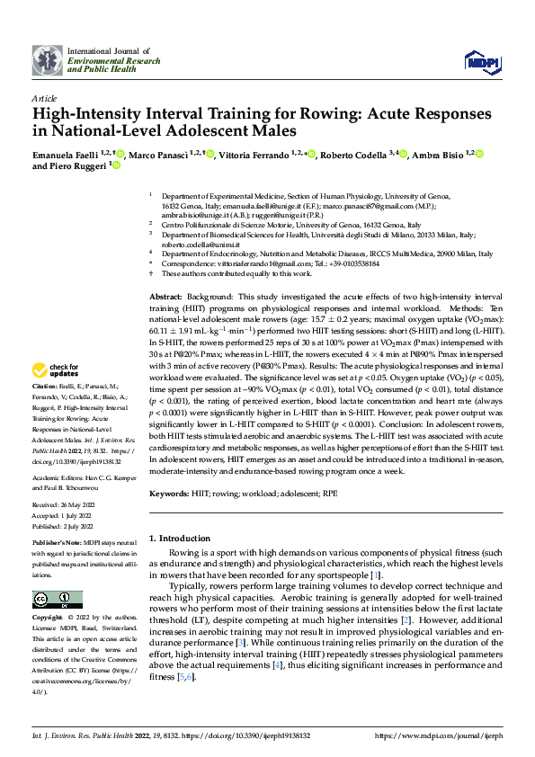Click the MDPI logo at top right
(477, 61)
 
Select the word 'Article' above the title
(45, 98)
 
